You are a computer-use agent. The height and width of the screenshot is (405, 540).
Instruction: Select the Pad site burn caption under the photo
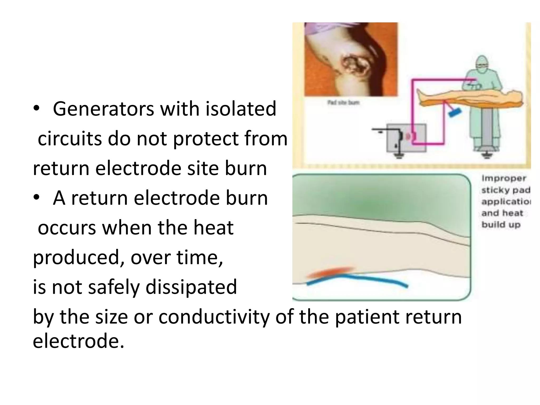(x=343, y=102)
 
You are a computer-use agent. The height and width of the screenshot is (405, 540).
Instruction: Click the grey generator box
(x=406, y=138)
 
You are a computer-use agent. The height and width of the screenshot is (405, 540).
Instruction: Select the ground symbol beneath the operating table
(x=486, y=156)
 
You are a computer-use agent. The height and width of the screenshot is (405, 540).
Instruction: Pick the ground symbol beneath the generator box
(x=399, y=156)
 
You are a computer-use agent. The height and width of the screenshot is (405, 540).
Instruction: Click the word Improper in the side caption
(x=504, y=179)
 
